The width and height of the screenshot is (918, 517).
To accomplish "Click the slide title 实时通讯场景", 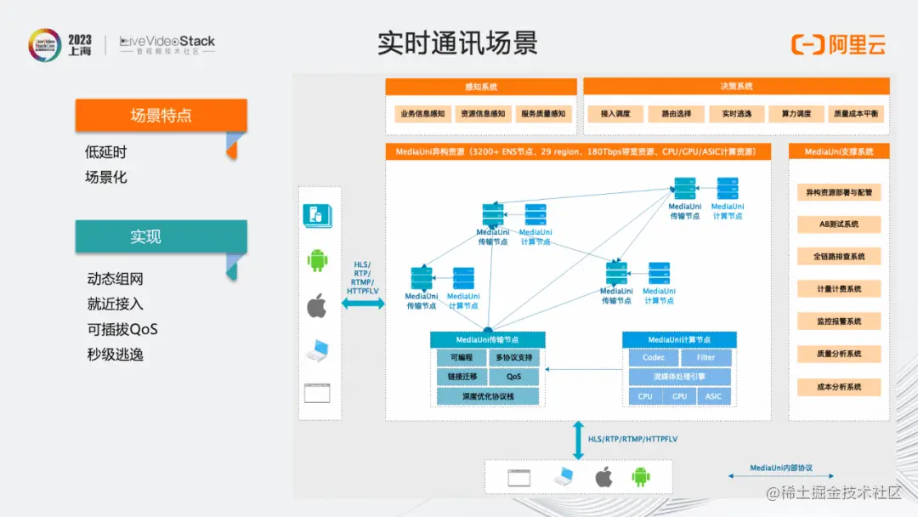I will pos(457,43).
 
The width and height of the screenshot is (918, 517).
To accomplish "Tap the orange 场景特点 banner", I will pos(161,116).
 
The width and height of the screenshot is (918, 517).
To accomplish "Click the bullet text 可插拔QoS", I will pos(122,329).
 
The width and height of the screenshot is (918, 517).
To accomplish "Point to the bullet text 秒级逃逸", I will pos(115,354).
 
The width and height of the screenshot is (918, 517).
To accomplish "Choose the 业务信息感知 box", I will pos(421,113).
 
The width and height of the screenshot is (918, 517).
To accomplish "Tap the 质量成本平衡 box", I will pos(856,113).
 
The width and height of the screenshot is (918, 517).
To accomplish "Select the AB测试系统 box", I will pos(839,224).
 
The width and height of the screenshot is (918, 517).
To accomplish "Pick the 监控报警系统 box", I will pos(839,321).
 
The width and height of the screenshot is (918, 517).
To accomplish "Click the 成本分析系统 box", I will pos(839,387).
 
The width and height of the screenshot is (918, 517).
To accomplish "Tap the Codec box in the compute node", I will pos(654,358).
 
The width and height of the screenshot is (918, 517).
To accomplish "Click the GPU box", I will pos(679,396).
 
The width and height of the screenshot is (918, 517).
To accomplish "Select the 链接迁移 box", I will pos(462,377).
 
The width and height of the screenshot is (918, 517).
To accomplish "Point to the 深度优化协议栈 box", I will pos(488,396).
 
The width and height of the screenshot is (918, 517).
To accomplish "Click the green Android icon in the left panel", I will pos(318,260).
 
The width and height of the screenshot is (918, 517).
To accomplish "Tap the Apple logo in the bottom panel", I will pos(603,477).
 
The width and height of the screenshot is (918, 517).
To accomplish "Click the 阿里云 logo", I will pos(839,44).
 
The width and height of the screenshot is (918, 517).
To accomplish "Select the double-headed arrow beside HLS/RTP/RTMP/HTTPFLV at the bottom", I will pos(578,440).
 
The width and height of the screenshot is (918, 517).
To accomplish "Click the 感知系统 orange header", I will pos(481,87).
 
